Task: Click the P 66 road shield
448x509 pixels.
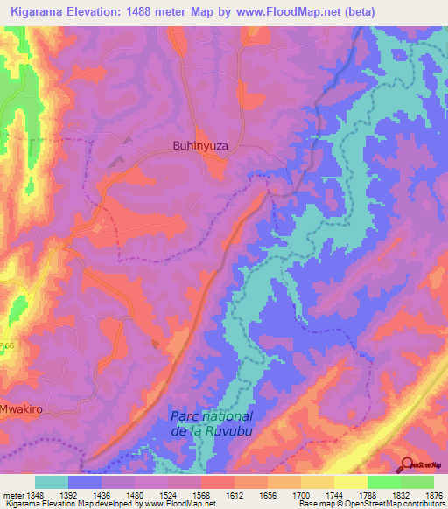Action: pos(7,347)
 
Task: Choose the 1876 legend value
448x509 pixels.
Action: pos(432,493)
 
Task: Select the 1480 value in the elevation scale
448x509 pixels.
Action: pos(133,493)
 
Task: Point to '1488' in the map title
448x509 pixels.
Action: pos(164,11)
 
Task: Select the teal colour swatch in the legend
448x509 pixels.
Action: pos(52,482)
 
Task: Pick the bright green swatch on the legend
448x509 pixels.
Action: pos(384,482)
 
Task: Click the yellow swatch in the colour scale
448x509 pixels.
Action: pos(351,482)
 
